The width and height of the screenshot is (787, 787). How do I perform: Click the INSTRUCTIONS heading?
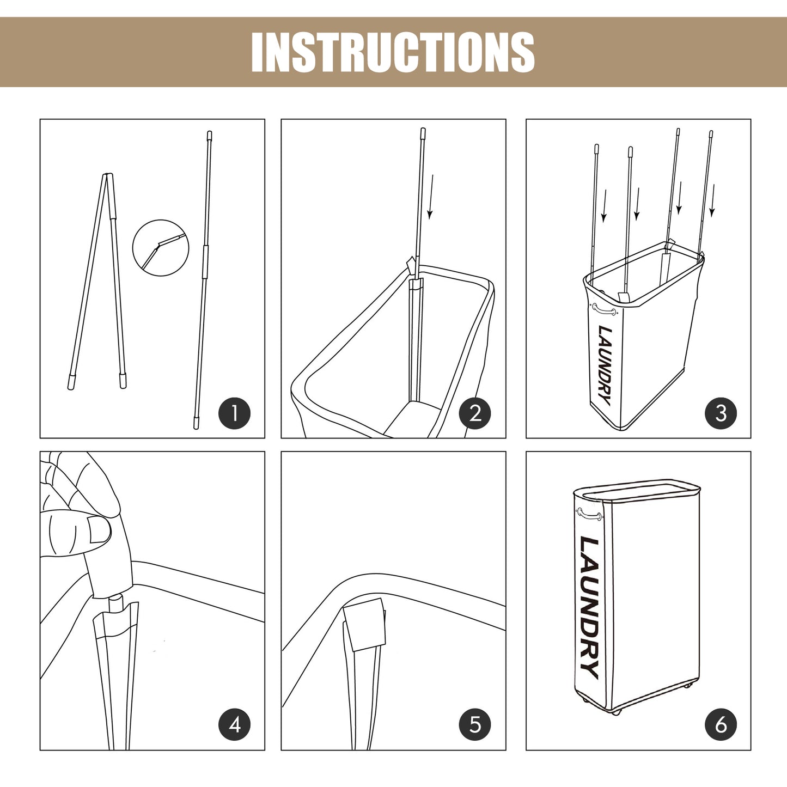coord(393,52)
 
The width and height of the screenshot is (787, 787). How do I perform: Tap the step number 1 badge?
coord(234,413)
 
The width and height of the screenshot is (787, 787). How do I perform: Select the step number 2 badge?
coord(475,413)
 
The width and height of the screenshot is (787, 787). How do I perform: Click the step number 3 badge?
coord(721,413)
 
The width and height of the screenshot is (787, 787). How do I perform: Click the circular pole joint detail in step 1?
coord(161,247)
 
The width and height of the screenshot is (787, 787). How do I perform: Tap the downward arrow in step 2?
coord(431,197)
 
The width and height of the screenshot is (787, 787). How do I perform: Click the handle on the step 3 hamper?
coord(604,309)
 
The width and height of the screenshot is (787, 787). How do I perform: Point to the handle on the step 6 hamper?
coord(589,514)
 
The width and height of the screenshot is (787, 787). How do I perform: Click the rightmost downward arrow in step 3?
coord(712,200)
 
